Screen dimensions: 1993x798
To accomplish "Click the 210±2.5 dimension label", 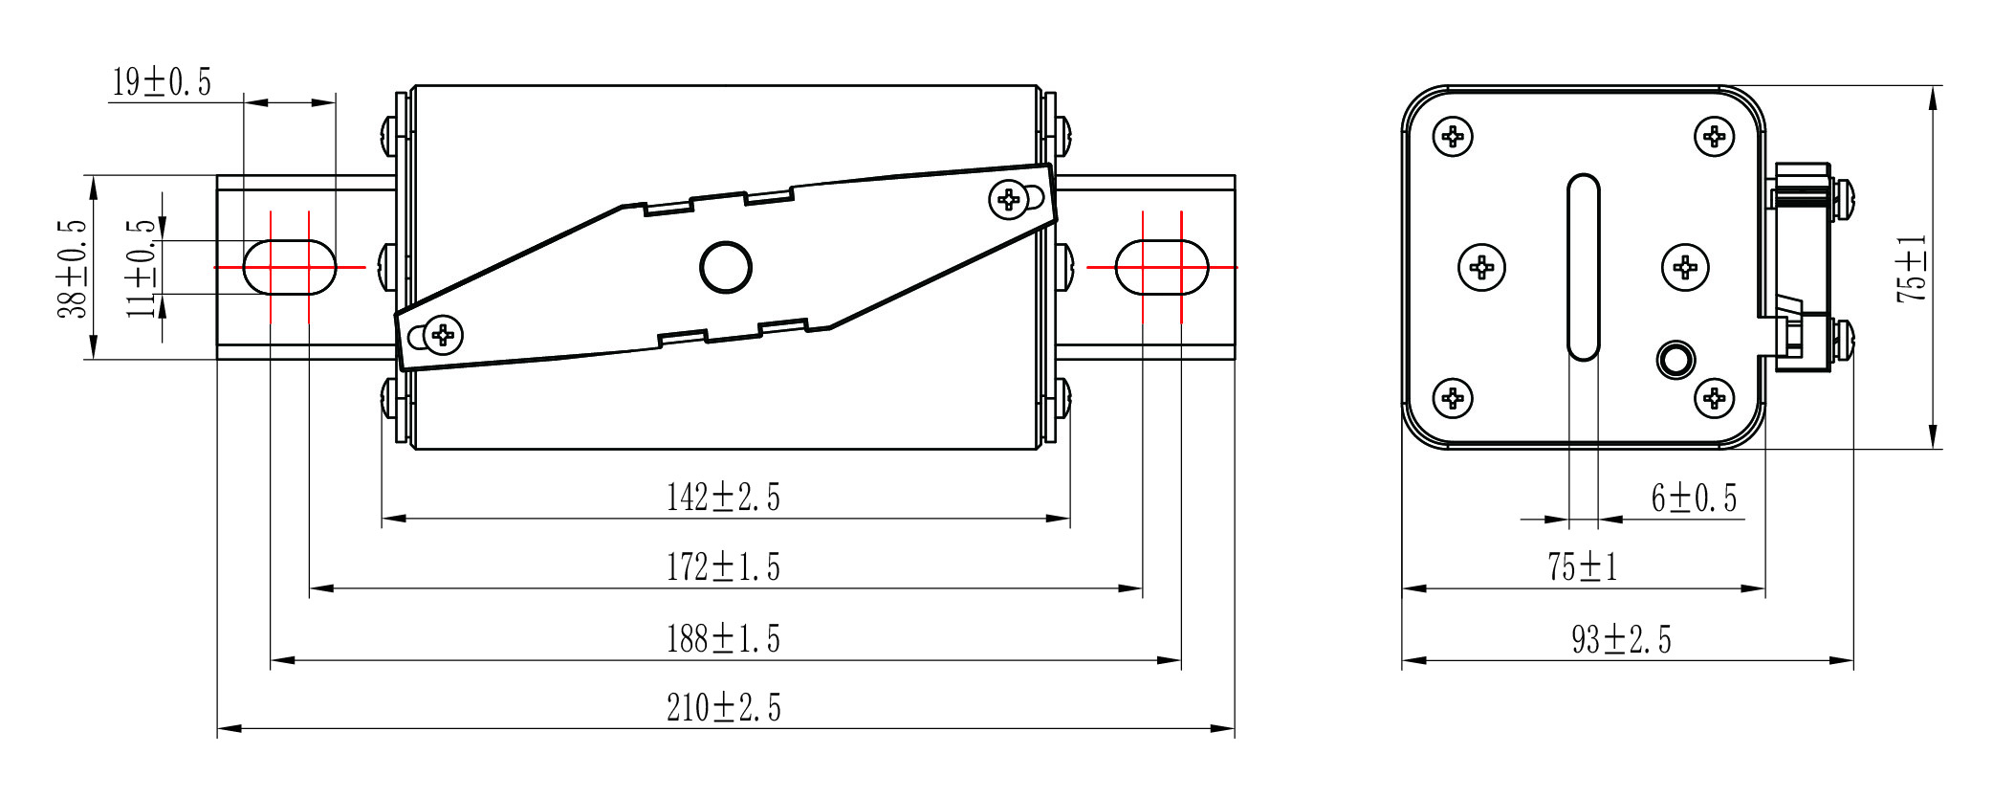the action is (724, 708).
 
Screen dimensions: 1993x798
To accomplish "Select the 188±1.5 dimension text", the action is (723, 638).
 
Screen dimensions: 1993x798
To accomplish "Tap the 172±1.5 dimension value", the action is (723, 567).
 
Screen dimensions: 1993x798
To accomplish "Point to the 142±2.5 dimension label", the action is (723, 498).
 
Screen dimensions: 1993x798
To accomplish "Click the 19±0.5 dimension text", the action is (162, 82).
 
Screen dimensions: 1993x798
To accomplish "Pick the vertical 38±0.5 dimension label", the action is (73, 269).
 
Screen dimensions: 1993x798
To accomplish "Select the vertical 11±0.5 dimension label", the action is (142, 268).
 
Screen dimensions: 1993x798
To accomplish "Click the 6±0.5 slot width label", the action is (1694, 498).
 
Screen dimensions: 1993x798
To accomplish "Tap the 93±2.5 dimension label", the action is (1622, 639).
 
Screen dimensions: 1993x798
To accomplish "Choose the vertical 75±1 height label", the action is (1912, 269).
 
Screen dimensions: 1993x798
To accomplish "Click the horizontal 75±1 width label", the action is (1583, 567).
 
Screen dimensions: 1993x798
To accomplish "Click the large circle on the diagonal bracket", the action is (726, 266).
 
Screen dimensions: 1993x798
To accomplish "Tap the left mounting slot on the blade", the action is (290, 267).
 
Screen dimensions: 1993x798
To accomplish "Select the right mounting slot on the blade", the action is (1162, 267).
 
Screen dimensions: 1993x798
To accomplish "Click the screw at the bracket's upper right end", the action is (1009, 199).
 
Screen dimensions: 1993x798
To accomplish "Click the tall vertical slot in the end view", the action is (1584, 267).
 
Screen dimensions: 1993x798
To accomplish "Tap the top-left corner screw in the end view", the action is (1453, 137).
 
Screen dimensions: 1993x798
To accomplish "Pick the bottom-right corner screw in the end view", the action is (1714, 397).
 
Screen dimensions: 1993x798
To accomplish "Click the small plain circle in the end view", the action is (1675, 360).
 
